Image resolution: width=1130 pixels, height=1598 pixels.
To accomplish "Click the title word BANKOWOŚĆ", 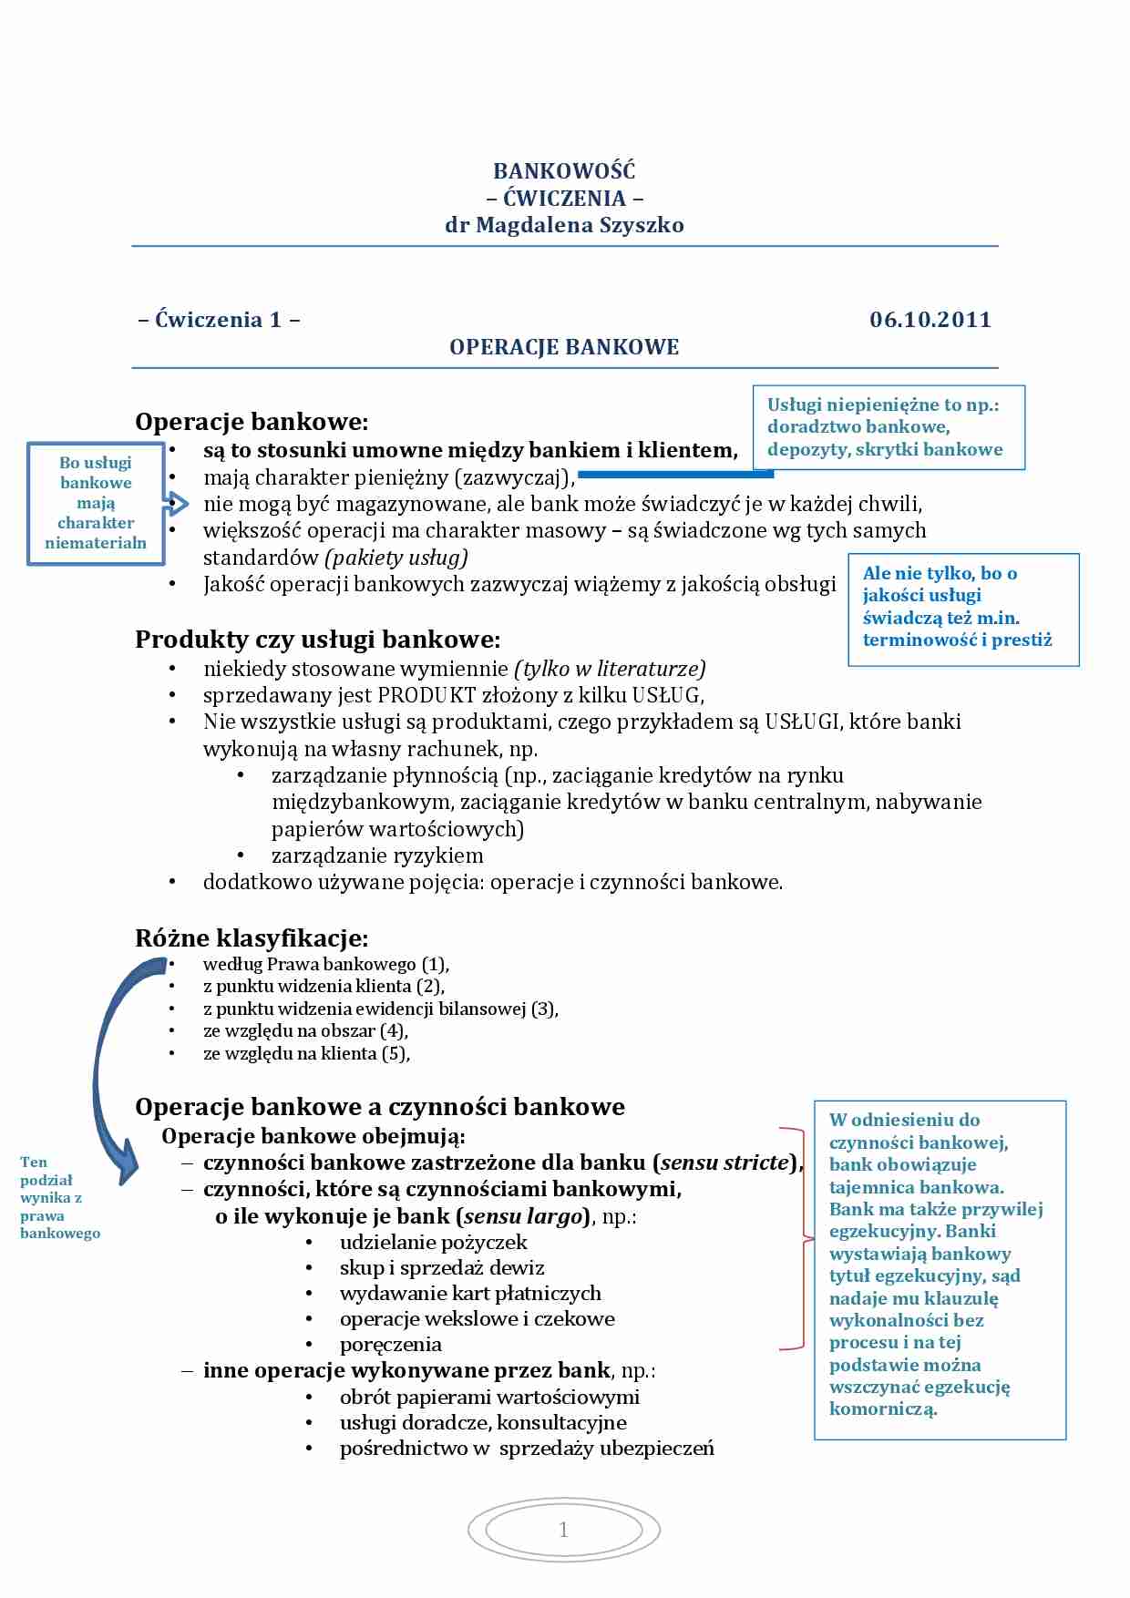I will point(564,171).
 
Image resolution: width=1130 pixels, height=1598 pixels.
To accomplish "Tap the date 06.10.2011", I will point(930,320).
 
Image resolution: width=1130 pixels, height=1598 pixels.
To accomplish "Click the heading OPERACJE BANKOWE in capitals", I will point(564,347).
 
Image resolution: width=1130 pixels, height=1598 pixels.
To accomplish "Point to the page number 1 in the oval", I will point(563,1530).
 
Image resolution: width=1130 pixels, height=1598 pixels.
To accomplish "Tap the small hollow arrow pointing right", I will point(177,504).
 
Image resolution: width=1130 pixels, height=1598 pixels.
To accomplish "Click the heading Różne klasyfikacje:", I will point(252,938).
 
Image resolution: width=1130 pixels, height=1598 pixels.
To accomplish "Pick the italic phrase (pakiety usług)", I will point(397,558).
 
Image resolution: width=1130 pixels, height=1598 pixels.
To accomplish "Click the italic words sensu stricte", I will point(724,1163).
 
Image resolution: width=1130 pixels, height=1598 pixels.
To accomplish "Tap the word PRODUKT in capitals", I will point(426,695).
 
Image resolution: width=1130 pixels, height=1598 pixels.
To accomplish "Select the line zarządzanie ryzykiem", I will point(377,855).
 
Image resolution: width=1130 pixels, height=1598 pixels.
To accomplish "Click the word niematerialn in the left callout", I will point(96,543).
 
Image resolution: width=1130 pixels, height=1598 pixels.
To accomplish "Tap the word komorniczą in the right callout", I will point(882,1409).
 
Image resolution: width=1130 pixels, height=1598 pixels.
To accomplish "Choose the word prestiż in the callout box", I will point(1022,640).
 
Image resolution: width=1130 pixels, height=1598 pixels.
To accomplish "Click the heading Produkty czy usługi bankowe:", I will point(317,640).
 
